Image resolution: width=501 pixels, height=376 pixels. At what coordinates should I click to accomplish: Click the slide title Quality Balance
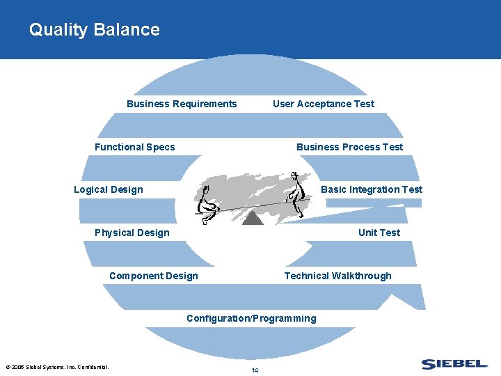[x=94, y=30]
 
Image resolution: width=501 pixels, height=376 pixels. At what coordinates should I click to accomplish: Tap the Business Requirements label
[x=182, y=104]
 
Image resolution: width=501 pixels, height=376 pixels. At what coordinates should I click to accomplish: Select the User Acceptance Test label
[x=323, y=104]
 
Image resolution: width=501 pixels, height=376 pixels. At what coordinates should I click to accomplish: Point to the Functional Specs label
[x=135, y=147]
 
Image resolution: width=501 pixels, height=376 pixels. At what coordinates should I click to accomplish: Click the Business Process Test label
[x=349, y=147]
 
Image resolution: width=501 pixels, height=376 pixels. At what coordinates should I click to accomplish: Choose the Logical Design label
[x=109, y=189]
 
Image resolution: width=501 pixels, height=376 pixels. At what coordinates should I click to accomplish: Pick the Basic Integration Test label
[x=371, y=189]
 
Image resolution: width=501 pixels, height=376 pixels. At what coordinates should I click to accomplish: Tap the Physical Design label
[x=132, y=233]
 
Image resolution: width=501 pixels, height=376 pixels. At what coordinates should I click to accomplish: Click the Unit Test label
[x=379, y=233]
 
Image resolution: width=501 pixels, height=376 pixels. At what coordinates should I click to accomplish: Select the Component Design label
[x=153, y=276]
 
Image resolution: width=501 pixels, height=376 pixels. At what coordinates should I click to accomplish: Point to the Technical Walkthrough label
[x=337, y=276]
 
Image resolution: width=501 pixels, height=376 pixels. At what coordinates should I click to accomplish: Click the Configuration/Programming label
[x=251, y=318]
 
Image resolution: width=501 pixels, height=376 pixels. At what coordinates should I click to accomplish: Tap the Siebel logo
[x=454, y=363]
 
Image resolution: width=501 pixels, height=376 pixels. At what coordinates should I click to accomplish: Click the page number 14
[x=255, y=370]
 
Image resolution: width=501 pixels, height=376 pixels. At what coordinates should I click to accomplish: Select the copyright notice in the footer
[x=56, y=367]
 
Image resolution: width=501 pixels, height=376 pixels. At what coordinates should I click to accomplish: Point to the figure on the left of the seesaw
[x=207, y=205]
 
